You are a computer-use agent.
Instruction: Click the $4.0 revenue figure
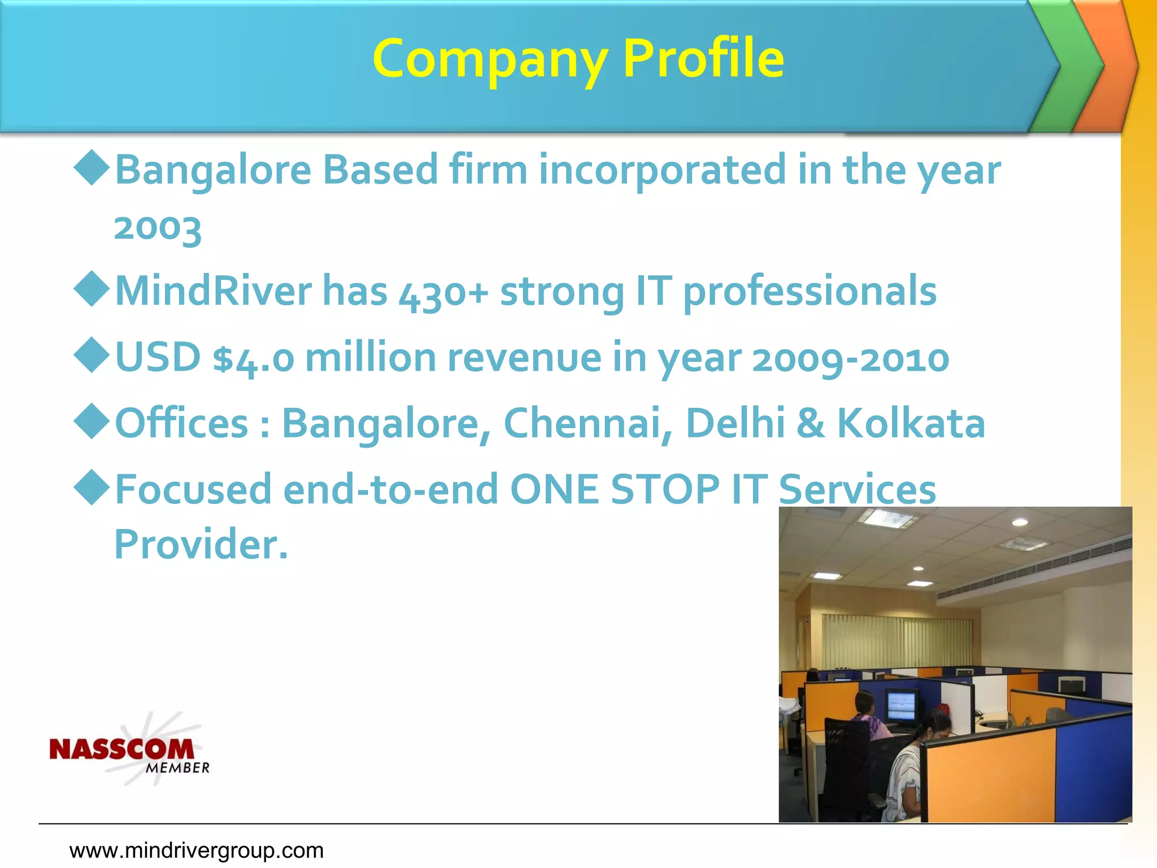(254, 359)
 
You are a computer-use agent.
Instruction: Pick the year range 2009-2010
(850, 359)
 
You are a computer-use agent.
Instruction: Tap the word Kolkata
(911, 423)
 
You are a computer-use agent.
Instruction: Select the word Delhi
(735, 423)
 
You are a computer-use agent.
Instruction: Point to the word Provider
(201, 544)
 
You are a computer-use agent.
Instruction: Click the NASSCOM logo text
(121, 749)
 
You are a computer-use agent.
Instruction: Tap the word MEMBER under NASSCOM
(177, 768)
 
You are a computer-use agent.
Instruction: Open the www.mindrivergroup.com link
(197, 850)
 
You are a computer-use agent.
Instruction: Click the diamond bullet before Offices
(92, 421)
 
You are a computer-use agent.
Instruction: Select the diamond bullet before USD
(92, 355)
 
